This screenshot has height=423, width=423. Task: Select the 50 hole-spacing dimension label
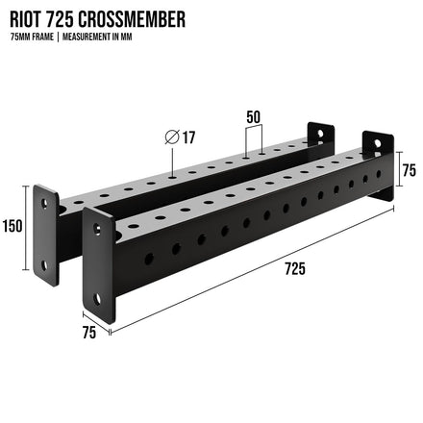(x=254, y=117)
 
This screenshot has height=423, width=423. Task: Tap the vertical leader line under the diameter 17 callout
(x=171, y=162)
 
